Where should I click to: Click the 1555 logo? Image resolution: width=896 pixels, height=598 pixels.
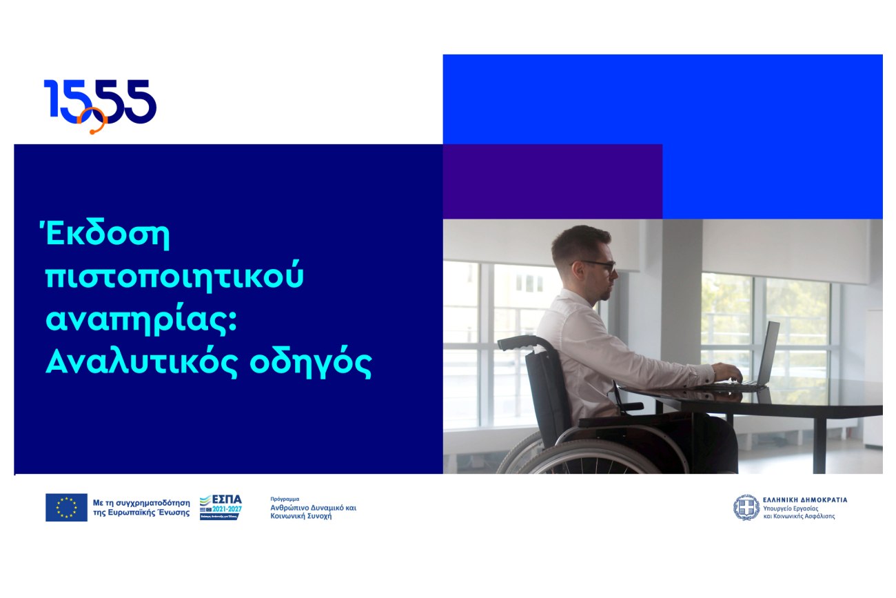click(100, 103)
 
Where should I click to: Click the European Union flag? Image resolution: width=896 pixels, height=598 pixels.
click(66, 507)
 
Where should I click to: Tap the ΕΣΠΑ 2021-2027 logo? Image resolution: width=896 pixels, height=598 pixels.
click(221, 507)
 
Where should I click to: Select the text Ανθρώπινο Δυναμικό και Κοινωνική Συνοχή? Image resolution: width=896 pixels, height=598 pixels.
click(313, 511)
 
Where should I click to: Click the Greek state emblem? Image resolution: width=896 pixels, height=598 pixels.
click(746, 507)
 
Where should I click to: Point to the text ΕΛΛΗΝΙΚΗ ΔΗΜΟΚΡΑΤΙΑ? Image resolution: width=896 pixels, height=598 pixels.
click(804, 499)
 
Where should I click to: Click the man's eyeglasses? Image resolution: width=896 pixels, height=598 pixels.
click(600, 265)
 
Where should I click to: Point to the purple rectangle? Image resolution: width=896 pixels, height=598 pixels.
click(552, 181)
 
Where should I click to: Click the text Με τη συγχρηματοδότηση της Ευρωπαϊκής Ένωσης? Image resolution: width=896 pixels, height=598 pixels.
click(141, 508)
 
